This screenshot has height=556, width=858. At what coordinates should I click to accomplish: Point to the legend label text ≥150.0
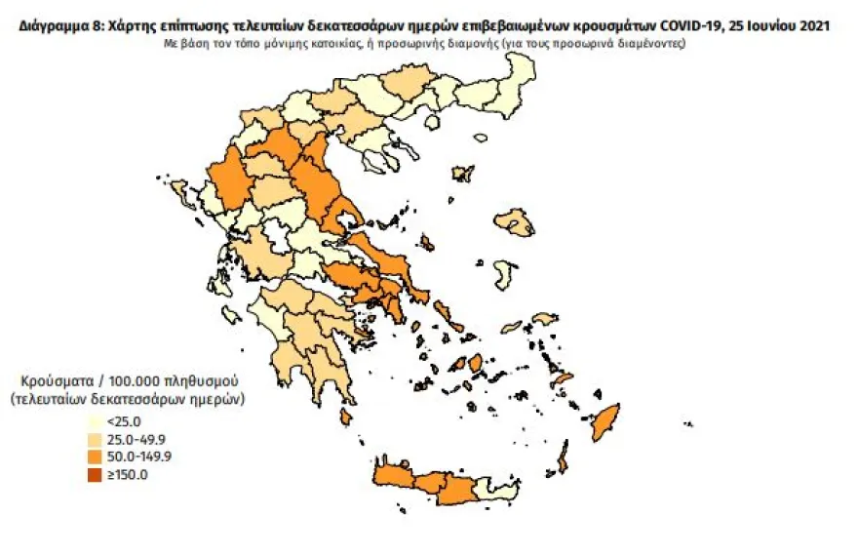tap(127, 475)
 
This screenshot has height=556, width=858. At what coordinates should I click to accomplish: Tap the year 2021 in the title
tap(815, 26)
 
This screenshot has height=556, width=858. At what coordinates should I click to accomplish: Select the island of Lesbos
tap(514, 224)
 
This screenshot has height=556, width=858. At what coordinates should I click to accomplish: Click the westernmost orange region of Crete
tap(395, 477)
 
